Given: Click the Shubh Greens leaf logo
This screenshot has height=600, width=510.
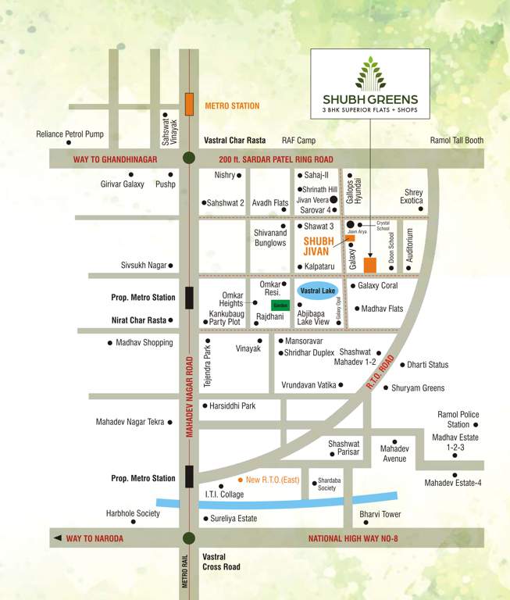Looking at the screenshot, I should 370,73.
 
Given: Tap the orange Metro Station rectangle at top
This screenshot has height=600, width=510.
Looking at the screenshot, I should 189,105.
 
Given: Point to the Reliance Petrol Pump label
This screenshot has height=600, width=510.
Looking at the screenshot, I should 70,134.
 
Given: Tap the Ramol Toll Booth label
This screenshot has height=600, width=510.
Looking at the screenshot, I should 457,141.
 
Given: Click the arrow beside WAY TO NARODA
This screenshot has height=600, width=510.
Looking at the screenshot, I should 56,538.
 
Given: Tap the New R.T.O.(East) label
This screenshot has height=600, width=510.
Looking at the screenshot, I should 273,480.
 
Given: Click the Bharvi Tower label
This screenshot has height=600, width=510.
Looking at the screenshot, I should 380,514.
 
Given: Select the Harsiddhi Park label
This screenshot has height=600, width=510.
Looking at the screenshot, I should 232,406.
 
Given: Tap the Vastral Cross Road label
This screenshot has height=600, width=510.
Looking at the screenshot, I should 221,562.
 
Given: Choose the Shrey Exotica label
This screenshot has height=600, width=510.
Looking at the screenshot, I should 412,196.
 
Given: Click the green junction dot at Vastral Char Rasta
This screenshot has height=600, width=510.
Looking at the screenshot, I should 189,159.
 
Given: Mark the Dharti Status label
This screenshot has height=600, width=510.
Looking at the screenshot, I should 427,365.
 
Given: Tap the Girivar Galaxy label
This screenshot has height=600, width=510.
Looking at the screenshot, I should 123,184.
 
